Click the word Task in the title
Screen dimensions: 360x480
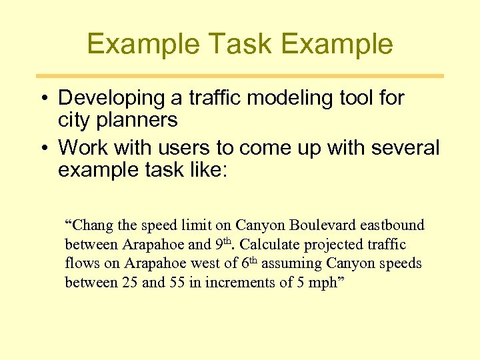coord(240,44)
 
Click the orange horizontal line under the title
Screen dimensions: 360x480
coord(240,76)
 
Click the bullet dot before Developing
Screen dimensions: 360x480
coord(42,98)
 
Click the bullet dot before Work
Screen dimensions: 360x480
coord(42,147)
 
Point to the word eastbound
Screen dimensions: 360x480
coord(390,226)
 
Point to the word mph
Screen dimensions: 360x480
coord(321,283)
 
